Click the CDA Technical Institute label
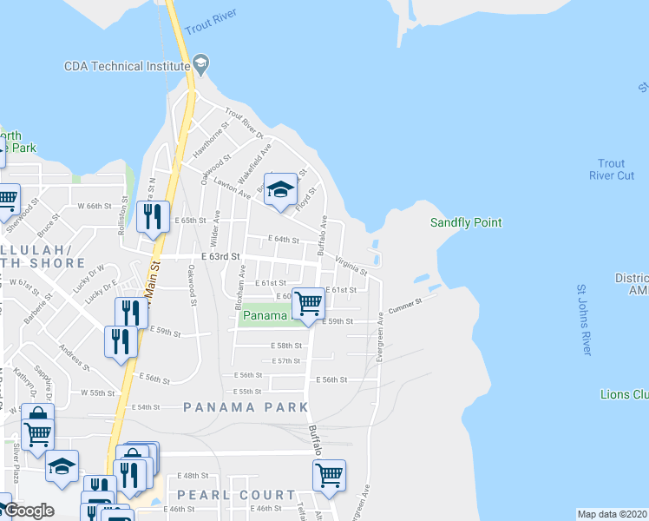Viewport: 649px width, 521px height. point(127,65)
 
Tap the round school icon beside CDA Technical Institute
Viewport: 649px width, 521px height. point(201,63)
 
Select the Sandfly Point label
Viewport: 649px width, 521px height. point(466,223)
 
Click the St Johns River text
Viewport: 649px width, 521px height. point(583,320)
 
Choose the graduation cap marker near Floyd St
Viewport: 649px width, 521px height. point(280,192)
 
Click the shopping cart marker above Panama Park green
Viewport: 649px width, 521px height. point(308,304)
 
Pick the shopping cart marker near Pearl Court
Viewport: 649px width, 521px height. point(329,476)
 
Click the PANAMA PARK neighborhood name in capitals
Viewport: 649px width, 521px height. point(246,406)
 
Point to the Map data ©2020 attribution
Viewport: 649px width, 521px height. point(612,514)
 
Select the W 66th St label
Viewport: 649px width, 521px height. point(95,207)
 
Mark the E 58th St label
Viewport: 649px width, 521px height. point(286,346)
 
